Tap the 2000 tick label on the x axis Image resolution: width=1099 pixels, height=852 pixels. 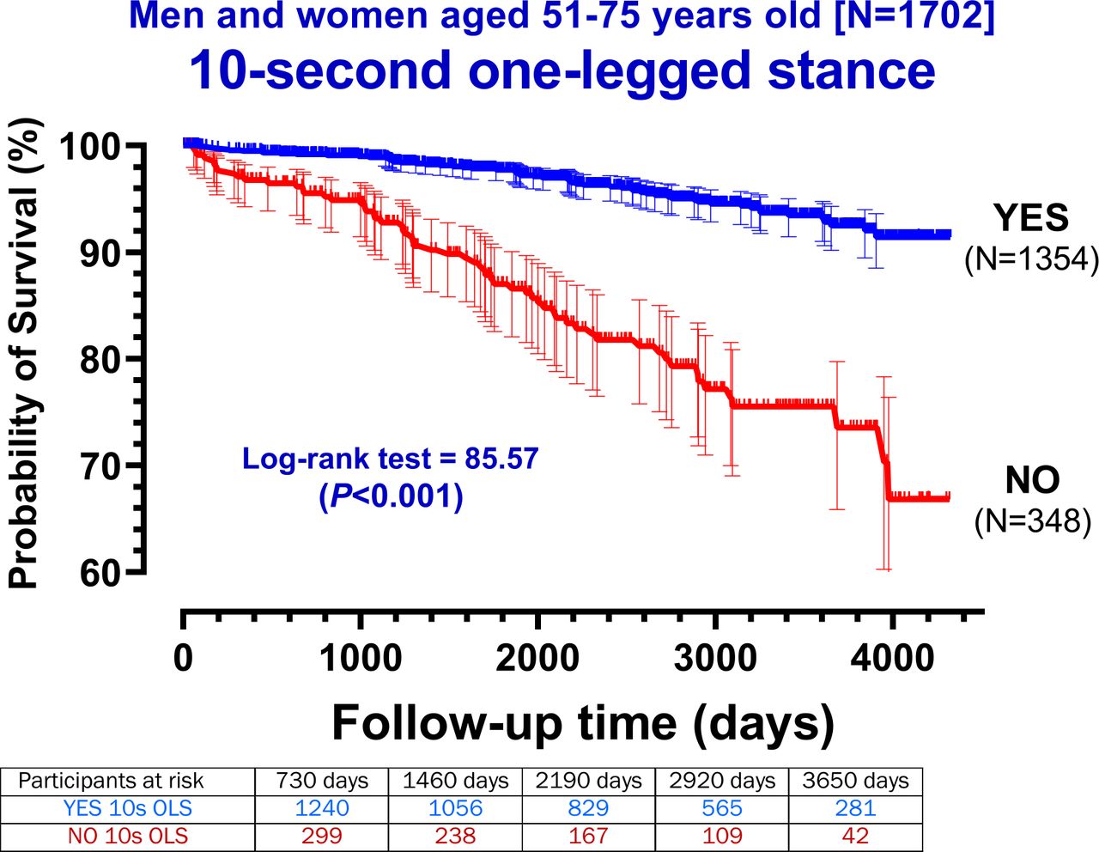537,659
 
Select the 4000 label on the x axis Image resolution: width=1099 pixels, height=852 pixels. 891,659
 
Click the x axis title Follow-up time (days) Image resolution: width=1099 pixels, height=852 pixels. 583,722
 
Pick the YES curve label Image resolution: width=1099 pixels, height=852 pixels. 1031,218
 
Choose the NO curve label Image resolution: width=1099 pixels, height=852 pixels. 1032,481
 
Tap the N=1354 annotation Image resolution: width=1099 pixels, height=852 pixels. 1031,259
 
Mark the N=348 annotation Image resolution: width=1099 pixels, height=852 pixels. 1032,520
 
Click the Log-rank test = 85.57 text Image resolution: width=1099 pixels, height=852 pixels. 391,459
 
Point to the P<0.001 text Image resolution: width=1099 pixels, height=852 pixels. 391,496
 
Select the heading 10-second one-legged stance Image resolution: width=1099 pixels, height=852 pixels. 562,70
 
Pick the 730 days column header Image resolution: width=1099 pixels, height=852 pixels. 322,781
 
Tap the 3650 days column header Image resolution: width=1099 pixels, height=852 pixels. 855,781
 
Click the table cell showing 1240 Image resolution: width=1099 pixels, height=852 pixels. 322,808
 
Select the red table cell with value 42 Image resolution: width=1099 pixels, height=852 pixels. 855,836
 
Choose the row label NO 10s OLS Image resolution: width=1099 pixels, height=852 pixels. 127,836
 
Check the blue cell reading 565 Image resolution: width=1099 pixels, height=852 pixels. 722,808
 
